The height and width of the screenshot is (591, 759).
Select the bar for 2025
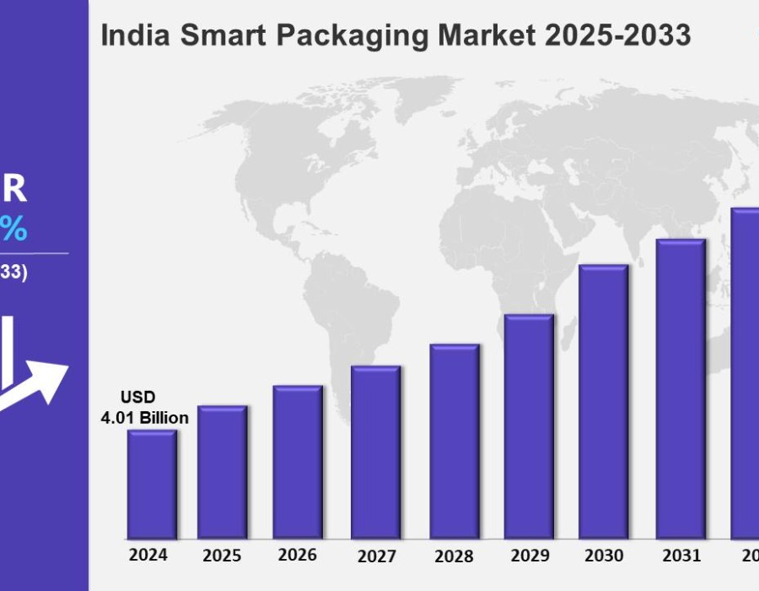coord(223,472)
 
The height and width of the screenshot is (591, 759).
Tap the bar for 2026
coord(298,462)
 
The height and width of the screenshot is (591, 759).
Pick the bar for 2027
coord(376,452)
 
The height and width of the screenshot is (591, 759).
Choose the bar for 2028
coord(455,441)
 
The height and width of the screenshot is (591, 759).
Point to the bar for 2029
coord(530,426)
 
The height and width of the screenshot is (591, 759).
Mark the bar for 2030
coord(604,401)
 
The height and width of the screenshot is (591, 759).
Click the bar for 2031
coord(681,388)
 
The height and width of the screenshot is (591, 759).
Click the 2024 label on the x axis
coord(148,556)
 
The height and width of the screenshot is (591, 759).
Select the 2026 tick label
coord(298,556)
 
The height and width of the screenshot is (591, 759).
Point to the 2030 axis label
coord(604,556)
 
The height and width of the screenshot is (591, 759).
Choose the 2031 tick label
coord(681,556)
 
